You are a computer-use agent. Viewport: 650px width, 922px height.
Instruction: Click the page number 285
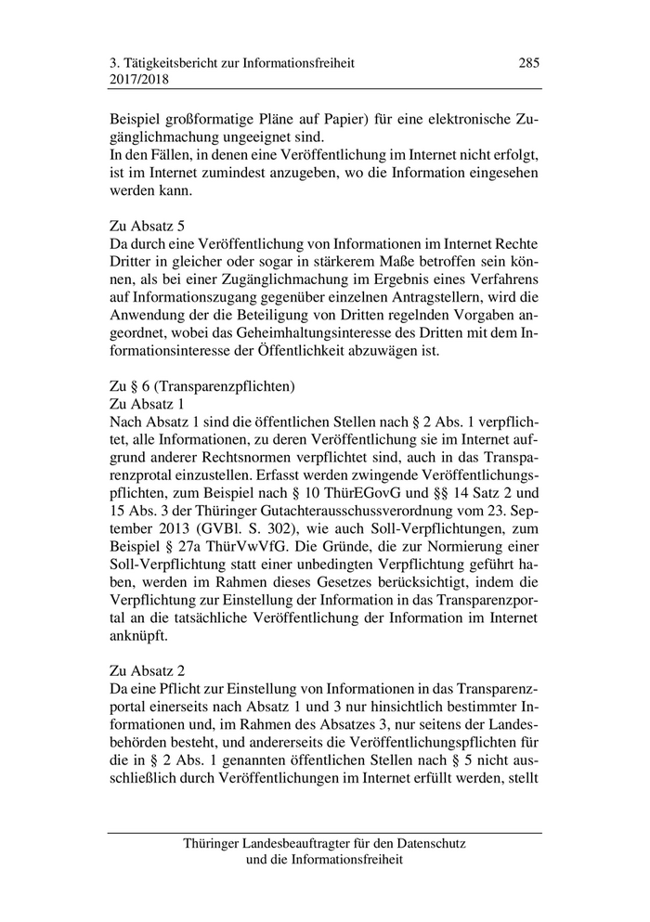pyautogui.click(x=528, y=63)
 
